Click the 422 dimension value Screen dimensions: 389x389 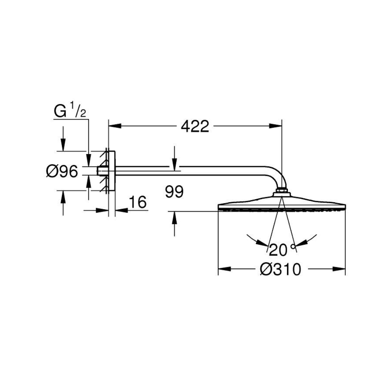point(195,126)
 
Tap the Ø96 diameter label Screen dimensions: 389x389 point(62,171)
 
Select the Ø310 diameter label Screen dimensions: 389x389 point(280,269)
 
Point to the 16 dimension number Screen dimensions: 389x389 point(138,202)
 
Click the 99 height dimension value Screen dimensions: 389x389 point(174,191)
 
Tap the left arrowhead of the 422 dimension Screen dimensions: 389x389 point(115,126)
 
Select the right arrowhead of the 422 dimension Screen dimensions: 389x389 point(276,126)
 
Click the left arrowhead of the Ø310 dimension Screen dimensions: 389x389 point(224,269)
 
